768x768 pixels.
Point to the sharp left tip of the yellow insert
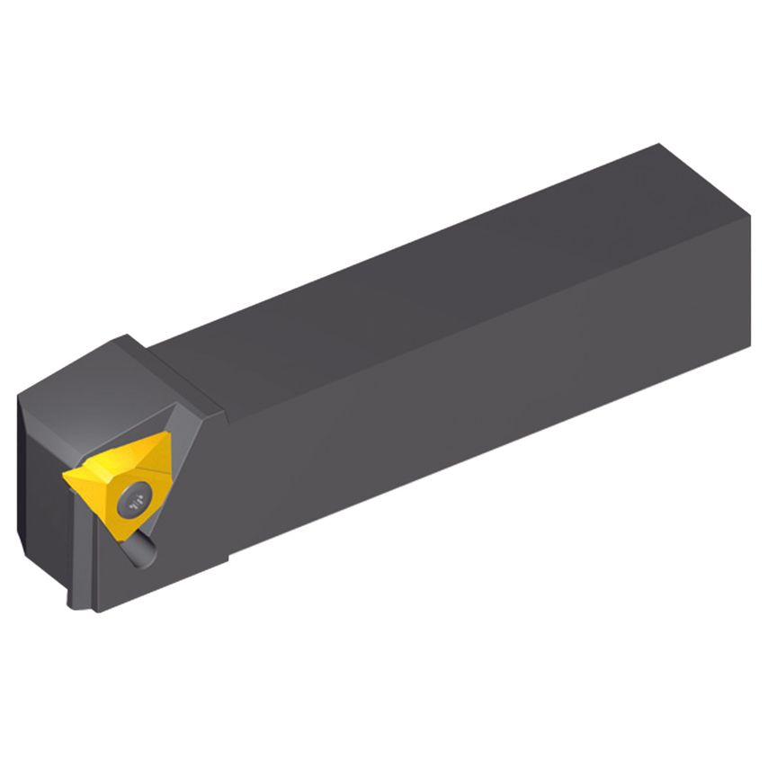click(64, 474)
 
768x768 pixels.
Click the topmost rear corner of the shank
click(661, 144)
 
